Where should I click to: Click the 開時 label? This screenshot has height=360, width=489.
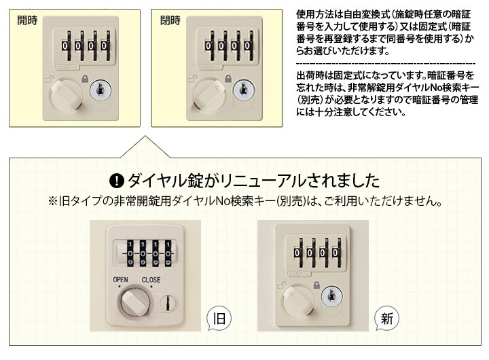point(27,20)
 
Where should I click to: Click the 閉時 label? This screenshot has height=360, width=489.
point(170,20)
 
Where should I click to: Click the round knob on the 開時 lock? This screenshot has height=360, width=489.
point(67,95)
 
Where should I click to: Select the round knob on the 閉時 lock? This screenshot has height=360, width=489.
point(209,95)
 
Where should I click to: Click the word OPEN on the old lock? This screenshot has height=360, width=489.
point(120,280)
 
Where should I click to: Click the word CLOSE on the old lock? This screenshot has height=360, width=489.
point(151,280)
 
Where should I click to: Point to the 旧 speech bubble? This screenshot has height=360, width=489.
point(219,319)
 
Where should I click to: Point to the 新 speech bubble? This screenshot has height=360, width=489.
point(386,319)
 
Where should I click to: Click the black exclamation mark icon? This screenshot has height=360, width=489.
point(117,181)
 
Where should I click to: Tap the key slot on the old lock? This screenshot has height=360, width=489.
point(168,302)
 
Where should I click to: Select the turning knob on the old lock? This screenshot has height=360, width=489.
point(134,302)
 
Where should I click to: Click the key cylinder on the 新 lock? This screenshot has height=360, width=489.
point(332,297)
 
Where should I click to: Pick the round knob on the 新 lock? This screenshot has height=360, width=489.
point(298,302)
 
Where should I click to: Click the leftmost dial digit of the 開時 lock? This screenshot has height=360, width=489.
point(65,46)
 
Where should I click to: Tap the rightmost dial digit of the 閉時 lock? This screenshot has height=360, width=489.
point(247,46)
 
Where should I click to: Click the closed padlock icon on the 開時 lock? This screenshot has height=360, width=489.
point(85,78)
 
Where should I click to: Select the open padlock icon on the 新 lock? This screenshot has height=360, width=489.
point(282,285)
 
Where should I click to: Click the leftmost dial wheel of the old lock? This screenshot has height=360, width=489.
point(130,253)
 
